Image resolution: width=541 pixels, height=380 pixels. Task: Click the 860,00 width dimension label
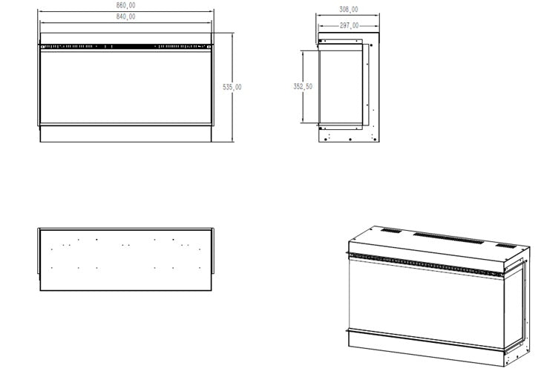point(125,6)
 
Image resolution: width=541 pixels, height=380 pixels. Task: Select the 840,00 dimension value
point(125,16)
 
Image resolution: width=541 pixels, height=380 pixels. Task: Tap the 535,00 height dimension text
point(232,87)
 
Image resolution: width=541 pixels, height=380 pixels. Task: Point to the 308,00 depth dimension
point(348,10)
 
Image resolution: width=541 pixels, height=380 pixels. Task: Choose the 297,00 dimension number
point(349,25)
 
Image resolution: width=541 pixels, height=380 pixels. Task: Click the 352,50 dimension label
point(303,86)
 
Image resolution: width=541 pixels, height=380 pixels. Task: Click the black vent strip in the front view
point(125,46)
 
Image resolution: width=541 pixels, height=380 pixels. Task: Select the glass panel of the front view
point(125,86)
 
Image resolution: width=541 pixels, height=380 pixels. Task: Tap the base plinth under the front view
point(125,133)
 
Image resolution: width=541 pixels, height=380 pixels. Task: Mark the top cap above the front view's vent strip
point(125,37)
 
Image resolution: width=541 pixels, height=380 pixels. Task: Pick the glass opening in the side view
point(342,83)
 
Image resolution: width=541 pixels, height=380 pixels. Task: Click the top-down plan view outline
point(125,259)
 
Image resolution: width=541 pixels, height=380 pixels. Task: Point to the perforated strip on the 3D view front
point(427,263)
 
